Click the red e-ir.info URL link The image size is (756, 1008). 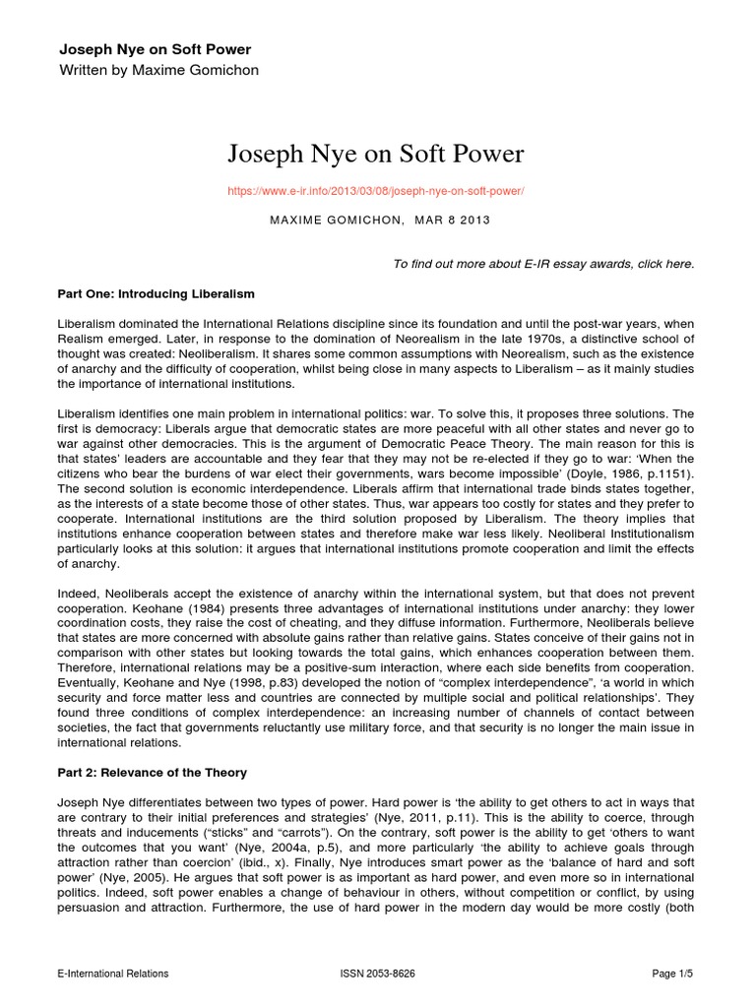point(377,190)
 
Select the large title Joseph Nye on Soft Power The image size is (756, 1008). point(377,154)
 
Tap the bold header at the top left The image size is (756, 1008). point(156,49)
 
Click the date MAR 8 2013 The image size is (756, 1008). point(447,220)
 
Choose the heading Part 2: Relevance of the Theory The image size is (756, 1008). point(152,772)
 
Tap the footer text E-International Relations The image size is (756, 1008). point(112,974)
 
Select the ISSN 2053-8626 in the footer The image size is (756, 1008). point(377,974)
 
